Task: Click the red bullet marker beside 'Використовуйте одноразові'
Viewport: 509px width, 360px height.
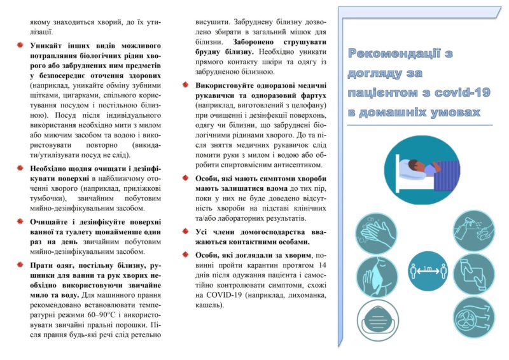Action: [x=186, y=84]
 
